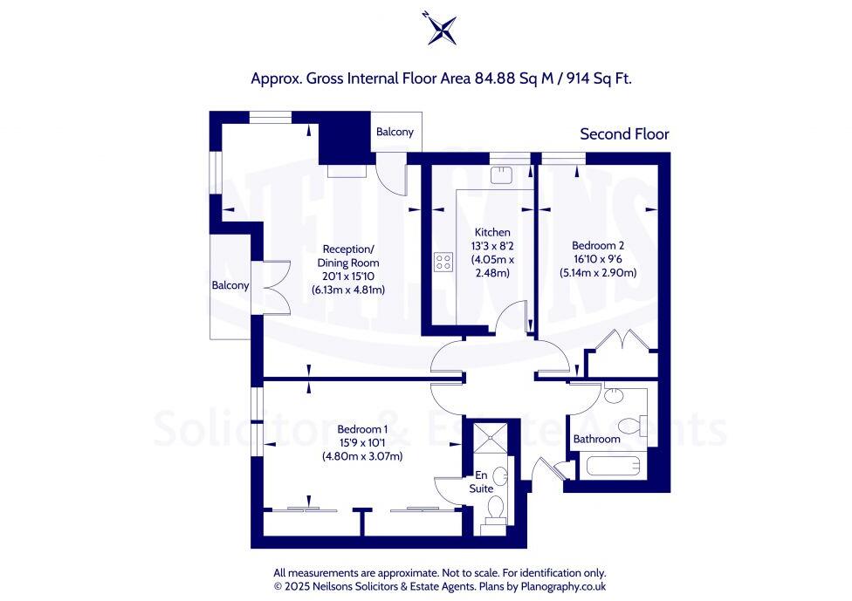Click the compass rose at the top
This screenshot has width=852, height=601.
tap(439, 28)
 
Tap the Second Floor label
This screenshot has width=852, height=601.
tap(624, 133)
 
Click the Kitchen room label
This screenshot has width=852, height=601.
tap(491, 232)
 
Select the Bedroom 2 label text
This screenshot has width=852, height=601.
tap(598, 245)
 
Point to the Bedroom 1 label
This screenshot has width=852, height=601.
tap(361, 429)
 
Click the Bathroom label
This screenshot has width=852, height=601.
tap(596, 439)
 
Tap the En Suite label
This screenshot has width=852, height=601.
tap(481, 481)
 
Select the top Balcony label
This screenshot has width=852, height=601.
tap(395, 132)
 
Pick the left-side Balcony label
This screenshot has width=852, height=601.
tap(230, 285)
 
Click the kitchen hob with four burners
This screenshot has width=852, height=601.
tap(443, 262)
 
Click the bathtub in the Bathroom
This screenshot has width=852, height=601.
tap(615, 465)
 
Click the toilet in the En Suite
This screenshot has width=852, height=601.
tap(494, 508)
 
